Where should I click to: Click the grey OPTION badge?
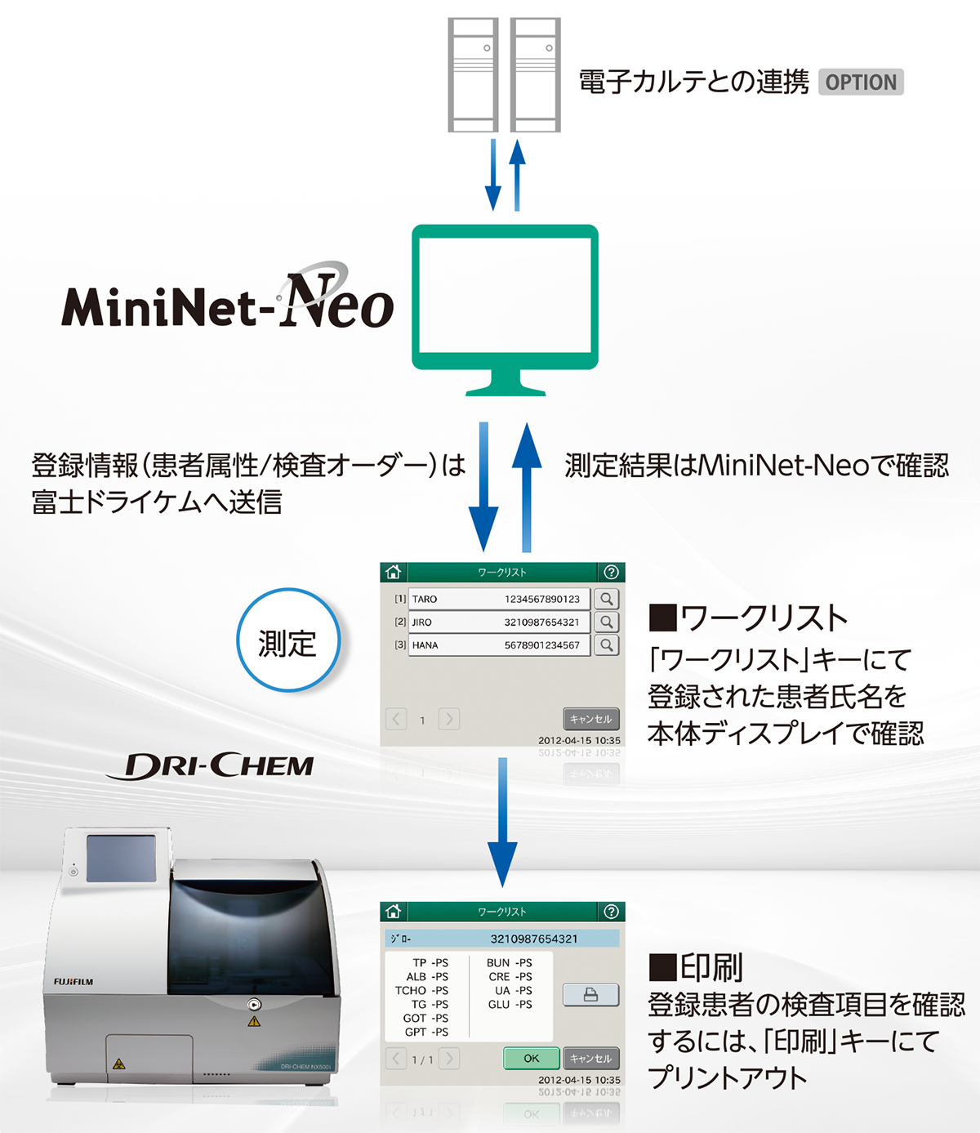(861, 83)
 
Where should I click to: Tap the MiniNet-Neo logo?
(228, 296)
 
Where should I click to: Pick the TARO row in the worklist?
(499, 599)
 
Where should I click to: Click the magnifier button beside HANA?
(607, 645)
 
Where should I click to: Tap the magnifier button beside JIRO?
(607, 622)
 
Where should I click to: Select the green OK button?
(531, 1059)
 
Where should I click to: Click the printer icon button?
(590, 995)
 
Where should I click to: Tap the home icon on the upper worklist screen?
(393, 572)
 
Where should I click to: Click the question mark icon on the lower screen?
(611, 912)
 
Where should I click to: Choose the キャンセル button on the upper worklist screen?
(590, 719)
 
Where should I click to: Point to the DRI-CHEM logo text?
(211, 765)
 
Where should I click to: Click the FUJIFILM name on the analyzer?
(73, 981)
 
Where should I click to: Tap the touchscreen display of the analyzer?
(121, 859)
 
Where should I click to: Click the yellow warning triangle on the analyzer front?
(254, 1021)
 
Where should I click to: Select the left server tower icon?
(473, 74)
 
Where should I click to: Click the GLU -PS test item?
(510, 1004)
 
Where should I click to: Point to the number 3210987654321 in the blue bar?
(534, 939)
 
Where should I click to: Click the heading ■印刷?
(696, 968)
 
